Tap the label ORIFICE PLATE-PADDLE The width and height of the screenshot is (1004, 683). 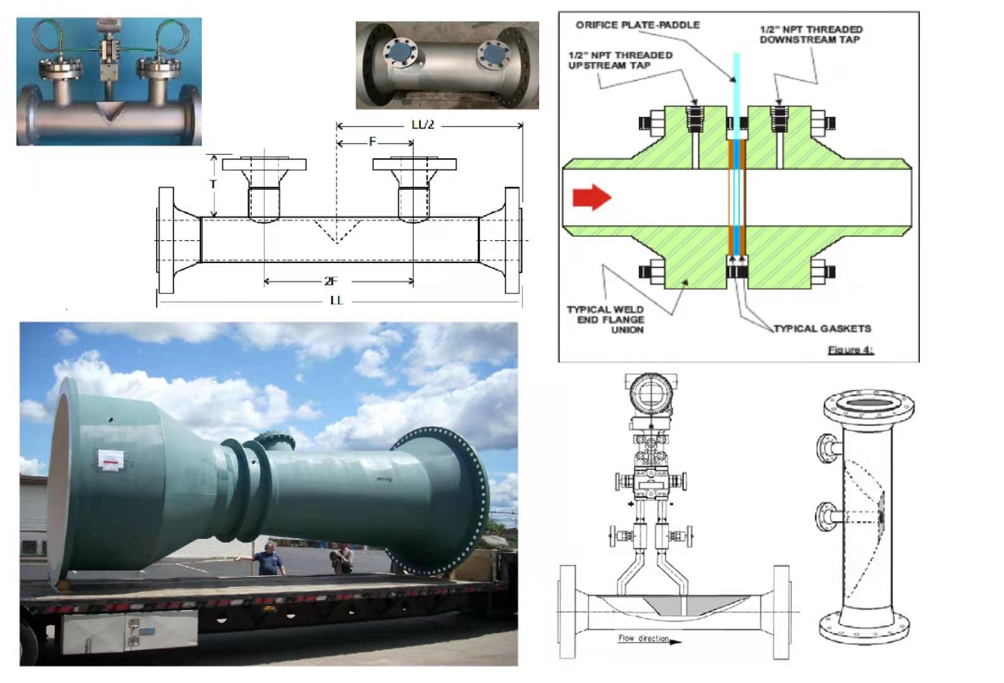click(x=637, y=25)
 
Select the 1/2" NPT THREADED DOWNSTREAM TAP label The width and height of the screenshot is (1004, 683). click(x=810, y=34)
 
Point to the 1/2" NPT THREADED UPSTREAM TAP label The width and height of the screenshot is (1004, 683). click(x=620, y=60)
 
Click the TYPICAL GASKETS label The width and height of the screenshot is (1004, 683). click(x=822, y=328)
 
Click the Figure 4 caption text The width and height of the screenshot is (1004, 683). click(x=850, y=350)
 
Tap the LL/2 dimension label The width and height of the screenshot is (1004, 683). click(x=423, y=125)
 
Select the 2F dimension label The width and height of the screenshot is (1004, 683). click(x=331, y=281)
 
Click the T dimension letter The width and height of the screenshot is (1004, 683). click(x=213, y=184)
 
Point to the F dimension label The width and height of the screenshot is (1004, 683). click(x=373, y=142)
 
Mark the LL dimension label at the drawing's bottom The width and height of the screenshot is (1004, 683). click(x=336, y=300)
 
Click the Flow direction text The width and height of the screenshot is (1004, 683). click(x=643, y=639)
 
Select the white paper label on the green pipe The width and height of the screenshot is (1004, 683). click(x=115, y=460)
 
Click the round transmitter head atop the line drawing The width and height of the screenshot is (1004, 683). click(x=650, y=392)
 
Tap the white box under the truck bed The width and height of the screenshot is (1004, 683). click(x=129, y=632)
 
